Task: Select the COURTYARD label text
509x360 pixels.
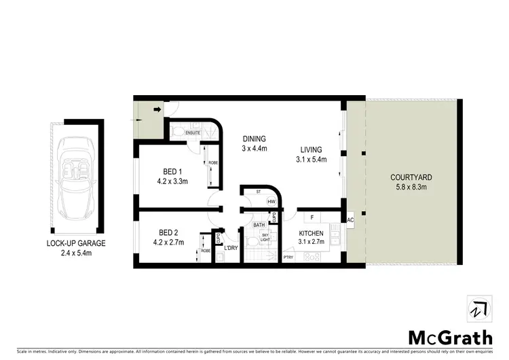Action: click(x=411, y=177)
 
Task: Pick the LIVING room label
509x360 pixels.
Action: click(x=312, y=150)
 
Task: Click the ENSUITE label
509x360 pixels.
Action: click(x=193, y=132)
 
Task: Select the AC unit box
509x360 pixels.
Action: click(x=351, y=220)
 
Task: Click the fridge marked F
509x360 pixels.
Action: click(x=312, y=217)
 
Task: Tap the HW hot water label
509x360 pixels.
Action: click(x=271, y=202)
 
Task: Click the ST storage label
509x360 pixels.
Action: click(x=259, y=192)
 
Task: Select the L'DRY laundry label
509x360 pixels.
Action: click(x=231, y=247)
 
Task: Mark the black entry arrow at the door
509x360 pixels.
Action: click(x=157, y=108)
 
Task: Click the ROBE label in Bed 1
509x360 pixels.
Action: click(x=212, y=163)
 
